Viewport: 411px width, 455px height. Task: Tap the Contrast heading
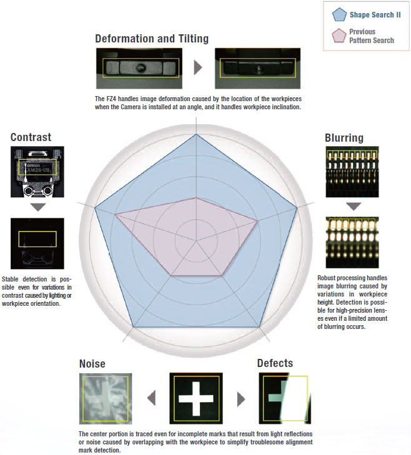click(31, 137)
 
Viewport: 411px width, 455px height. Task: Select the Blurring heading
click(344, 138)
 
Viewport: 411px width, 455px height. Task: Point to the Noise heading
click(92, 364)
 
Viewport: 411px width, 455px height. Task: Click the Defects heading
click(275, 363)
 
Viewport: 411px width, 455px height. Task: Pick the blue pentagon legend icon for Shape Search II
click(339, 14)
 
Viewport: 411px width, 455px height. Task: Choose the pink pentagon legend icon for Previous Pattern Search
click(339, 36)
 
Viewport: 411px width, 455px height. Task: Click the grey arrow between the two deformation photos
click(198, 67)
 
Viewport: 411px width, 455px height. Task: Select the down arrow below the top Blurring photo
click(353, 206)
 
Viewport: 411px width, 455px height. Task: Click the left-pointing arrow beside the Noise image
click(151, 398)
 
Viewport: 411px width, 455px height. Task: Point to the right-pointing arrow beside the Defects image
click(241, 398)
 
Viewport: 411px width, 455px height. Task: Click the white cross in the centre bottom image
click(196, 398)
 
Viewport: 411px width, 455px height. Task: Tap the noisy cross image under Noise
click(106, 397)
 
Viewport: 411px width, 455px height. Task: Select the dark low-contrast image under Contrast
click(37, 242)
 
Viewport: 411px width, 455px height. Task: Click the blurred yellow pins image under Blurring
click(353, 243)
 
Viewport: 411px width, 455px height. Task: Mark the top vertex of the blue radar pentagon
click(196, 134)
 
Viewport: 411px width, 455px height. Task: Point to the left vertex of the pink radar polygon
click(116, 215)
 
